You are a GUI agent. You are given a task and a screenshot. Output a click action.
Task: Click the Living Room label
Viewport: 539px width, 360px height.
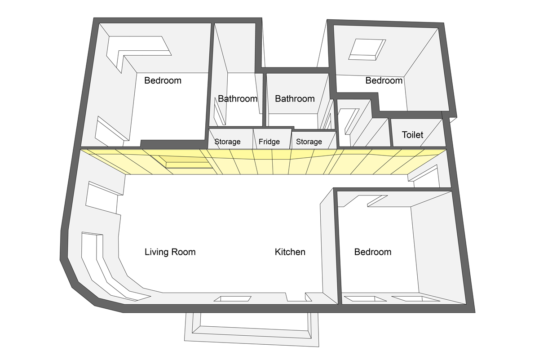tap(170, 252)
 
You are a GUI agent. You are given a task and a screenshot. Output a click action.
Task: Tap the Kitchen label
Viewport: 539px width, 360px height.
tap(290, 252)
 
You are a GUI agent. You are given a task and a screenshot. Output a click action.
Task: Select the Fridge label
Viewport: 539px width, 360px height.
tap(269, 142)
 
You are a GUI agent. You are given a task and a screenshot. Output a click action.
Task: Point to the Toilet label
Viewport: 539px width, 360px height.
tap(412, 135)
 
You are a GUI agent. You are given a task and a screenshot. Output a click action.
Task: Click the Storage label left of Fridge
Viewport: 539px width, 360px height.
tap(227, 142)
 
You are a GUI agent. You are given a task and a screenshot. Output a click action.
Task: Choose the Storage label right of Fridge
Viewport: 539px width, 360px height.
tap(309, 142)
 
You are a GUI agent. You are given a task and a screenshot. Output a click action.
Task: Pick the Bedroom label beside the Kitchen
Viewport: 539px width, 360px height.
tap(372, 252)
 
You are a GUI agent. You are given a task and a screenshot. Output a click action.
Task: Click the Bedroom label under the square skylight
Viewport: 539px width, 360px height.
tap(384, 81)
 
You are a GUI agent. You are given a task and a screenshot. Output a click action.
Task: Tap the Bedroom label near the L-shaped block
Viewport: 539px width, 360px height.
tap(163, 81)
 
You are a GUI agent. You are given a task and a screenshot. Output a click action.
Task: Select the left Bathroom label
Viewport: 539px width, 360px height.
tap(238, 99)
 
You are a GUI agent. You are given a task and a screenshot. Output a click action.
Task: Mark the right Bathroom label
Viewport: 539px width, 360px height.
tap(295, 99)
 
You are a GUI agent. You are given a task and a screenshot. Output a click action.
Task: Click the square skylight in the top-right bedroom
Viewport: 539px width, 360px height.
tap(367, 49)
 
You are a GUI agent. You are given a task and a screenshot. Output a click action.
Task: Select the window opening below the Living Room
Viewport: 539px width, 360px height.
tap(232, 299)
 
